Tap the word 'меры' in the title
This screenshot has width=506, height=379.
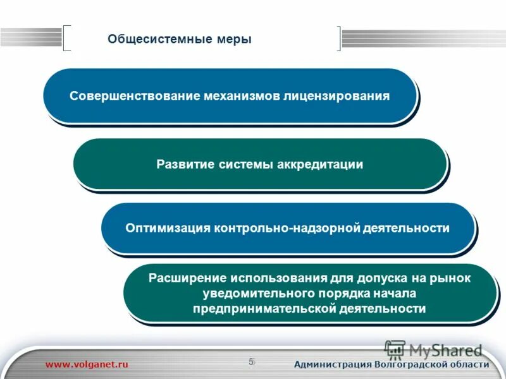pyautogui.click(x=235, y=39)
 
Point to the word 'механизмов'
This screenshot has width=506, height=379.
pyautogui.click(x=242, y=97)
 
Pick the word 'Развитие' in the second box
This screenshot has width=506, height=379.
pyautogui.click(x=185, y=165)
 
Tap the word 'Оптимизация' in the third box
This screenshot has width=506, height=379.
pyautogui.click(x=168, y=228)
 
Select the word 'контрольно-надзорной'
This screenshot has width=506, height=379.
pyautogui.click(x=287, y=228)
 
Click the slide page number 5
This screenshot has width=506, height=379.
pyautogui.click(x=251, y=362)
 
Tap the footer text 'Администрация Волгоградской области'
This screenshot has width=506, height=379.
pyautogui.click(x=392, y=364)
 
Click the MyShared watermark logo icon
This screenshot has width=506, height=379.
pyautogui.click(x=395, y=349)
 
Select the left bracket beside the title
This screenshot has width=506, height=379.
pyautogui.click(x=67, y=38)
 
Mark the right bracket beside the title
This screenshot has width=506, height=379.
pyautogui.click(x=338, y=38)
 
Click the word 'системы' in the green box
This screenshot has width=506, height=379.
pyautogui.click(x=246, y=165)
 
